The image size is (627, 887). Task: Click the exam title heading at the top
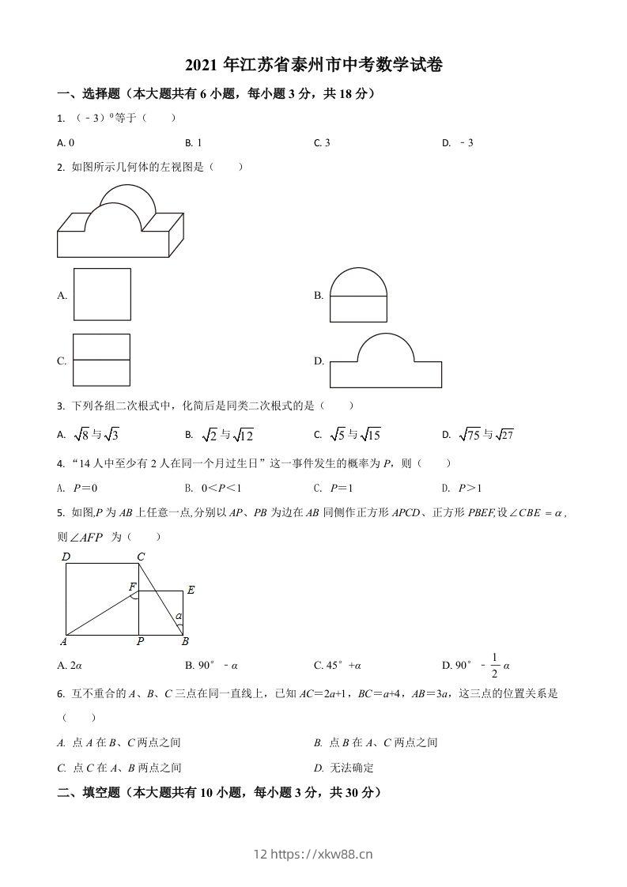point(313,66)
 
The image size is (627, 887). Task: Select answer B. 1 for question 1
point(194,143)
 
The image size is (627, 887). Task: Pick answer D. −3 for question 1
point(458,143)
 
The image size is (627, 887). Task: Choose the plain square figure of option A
point(102,294)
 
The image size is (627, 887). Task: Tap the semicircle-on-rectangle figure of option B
point(358,296)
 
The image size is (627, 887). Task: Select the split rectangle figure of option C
point(102,360)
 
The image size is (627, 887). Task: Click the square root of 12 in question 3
point(243,435)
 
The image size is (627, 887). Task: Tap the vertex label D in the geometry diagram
point(66,557)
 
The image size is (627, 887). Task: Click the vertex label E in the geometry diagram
point(191,590)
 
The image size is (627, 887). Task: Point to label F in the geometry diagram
point(132,587)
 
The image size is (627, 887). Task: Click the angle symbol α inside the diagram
point(179,616)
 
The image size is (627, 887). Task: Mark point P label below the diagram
point(140,641)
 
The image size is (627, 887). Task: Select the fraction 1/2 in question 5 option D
point(495,665)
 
